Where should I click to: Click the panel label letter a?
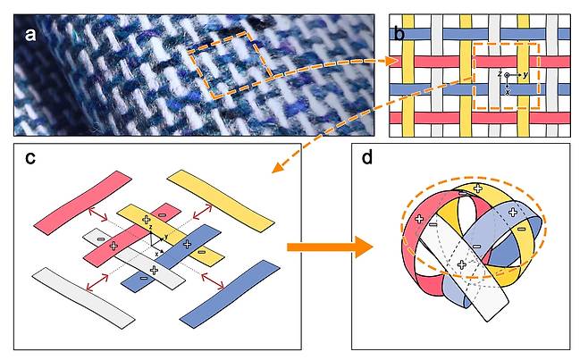click(x=30, y=35)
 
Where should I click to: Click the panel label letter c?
click(x=30, y=158)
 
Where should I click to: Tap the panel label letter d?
click(x=367, y=157)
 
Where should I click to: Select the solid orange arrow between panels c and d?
click(x=330, y=247)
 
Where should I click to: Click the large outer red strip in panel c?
click(x=82, y=203)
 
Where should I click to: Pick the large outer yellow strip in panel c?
click(x=221, y=201)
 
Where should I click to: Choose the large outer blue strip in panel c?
click(x=230, y=294)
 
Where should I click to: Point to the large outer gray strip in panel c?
click(x=83, y=298)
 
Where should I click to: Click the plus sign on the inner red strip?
click(x=113, y=246)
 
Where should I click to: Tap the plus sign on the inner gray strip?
click(x=154, y=270)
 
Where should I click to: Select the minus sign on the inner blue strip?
click(x=143, y=278)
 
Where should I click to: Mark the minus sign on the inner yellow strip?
click(x=202, y=252)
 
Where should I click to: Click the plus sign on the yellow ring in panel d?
click(x=477, y=188)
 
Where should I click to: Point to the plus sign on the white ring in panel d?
click(x=462, y=264)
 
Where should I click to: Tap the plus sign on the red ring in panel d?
click(x=420, y=219)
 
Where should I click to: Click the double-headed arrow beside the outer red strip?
click(x=97, y=215)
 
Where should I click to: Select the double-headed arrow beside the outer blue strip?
click(x=213, y=280)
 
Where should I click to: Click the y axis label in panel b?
click(x=525, y=74)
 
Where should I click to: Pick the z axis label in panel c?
click(x=151, y=228)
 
